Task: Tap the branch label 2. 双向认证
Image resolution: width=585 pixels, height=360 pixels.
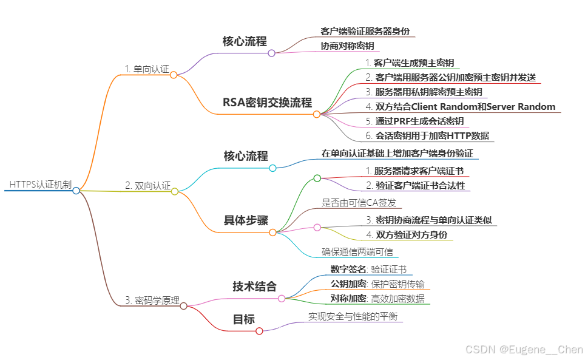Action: [x=147, y=185]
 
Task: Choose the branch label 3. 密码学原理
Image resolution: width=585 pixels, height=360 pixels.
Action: [x=152, y=299]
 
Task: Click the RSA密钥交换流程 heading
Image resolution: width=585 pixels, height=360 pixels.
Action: [x=267, y=103]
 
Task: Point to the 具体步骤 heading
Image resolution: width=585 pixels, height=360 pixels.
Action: [x=246, y=220]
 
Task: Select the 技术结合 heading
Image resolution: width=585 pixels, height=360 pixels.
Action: [x=254, y=287]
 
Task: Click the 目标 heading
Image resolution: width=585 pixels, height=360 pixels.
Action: [x=244, y=319]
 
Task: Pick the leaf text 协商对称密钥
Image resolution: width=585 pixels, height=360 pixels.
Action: [x=347, y=46]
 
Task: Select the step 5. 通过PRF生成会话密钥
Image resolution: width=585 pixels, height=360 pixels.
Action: [x=414, y=121]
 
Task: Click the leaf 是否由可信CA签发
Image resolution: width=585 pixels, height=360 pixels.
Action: [x=359, y=203]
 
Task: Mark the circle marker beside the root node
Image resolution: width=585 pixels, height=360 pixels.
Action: [x=76, y=191]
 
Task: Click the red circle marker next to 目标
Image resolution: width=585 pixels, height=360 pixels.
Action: [x=259, y=331]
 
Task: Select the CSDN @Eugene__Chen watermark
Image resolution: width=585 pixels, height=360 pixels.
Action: [x=523, y=349]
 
